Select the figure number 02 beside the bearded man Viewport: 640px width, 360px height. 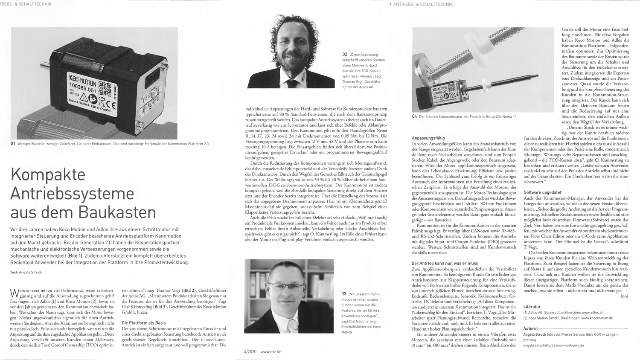tap(345, 54)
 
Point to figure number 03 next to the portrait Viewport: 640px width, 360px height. tap(344, 293)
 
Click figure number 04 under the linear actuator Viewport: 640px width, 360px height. tap(414, 116)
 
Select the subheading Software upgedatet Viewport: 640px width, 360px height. tap(542, 193)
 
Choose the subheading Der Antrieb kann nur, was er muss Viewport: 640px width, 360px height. tap(445, 263)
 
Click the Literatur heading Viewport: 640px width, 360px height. tap(532, 306)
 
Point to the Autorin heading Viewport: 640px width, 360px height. tap(530, 329)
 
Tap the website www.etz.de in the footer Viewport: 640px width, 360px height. tap(271, 352)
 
